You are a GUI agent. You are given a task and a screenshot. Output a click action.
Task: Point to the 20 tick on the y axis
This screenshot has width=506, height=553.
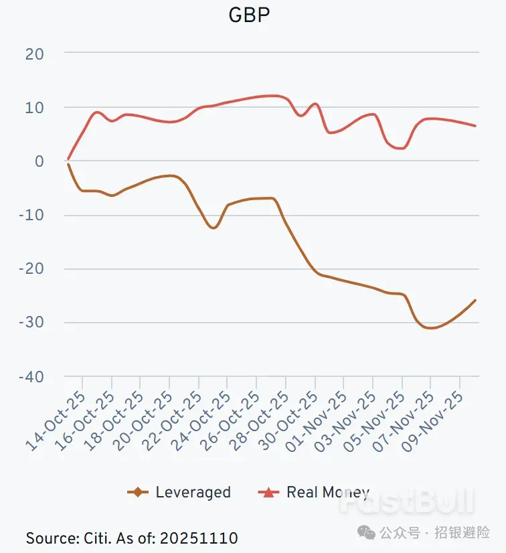pos(35,54)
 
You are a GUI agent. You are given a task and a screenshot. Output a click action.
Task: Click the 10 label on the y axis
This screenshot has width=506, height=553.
pos(35,107)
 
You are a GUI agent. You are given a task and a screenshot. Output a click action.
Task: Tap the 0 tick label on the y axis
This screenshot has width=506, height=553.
pos(39,161)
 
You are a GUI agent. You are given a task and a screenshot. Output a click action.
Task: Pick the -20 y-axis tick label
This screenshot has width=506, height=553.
pos(31,269)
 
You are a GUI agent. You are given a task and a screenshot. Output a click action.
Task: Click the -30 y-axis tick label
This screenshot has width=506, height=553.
pos(31,323)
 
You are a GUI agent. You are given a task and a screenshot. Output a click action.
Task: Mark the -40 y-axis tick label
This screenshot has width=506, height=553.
pos(31,377)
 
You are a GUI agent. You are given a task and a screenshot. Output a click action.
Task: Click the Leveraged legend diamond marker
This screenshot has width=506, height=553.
pos(138,493)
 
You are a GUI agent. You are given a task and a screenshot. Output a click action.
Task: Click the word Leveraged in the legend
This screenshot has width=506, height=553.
pos(193,493)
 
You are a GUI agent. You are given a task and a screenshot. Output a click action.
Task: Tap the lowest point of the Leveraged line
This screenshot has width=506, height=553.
pos(430,328)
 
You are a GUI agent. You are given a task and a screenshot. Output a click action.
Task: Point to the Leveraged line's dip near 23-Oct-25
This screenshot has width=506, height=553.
pos(213,228)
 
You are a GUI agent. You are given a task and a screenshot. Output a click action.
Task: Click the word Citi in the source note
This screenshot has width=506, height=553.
pos(98,538)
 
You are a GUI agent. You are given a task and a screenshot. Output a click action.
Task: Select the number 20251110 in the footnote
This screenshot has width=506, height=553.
pos(198,538)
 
